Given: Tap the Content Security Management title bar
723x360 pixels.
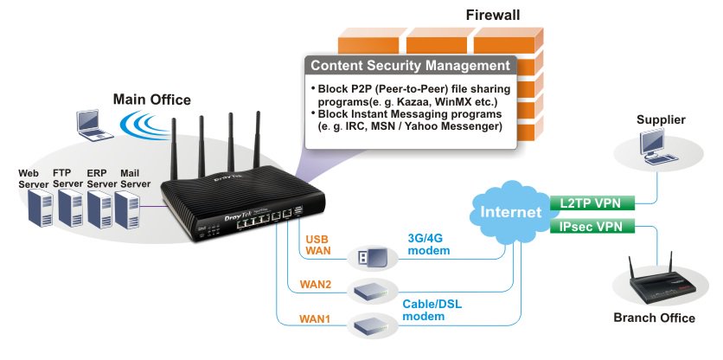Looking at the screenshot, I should click(409, 65).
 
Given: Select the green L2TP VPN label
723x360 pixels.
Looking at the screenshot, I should click(592, 203).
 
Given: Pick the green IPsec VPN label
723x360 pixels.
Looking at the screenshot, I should click(592, 227).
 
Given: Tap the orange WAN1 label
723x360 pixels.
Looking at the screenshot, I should click(317, 318).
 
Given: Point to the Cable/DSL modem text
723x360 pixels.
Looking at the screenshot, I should click(432, 311).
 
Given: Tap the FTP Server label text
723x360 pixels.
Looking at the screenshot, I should click(67, 178).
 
